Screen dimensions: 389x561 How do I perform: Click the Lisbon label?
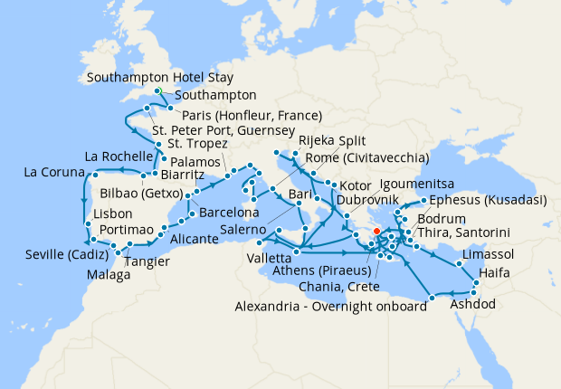coord(113,214)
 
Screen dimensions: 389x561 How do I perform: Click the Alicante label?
coord(194,240)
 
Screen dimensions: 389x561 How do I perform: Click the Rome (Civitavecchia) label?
coord(353,158)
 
